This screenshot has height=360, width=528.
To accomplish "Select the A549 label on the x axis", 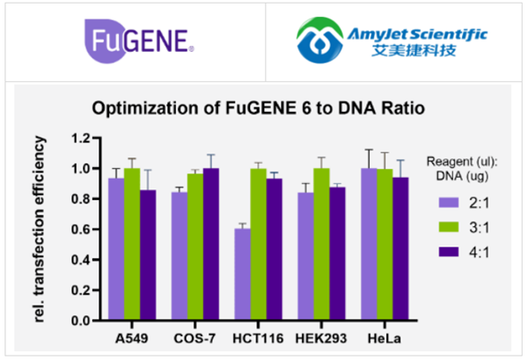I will pyautogui.click(x=131, y=335).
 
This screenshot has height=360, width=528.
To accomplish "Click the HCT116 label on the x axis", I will pyautogui.click(x=258, y=335).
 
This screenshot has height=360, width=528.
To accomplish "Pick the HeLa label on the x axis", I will pyautogui.click(x=384, y=335).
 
